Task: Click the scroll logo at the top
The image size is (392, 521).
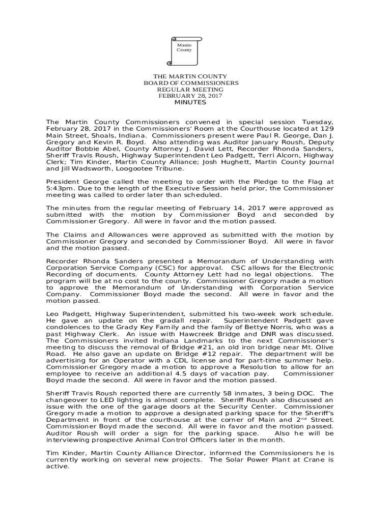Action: click(184, 51)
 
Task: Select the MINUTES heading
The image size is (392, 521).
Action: click(190, 102)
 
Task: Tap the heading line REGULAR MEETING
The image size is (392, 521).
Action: click(190, 90)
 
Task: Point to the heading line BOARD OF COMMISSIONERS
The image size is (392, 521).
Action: click(190, 83)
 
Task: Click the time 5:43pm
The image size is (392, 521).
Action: click(57, 188)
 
